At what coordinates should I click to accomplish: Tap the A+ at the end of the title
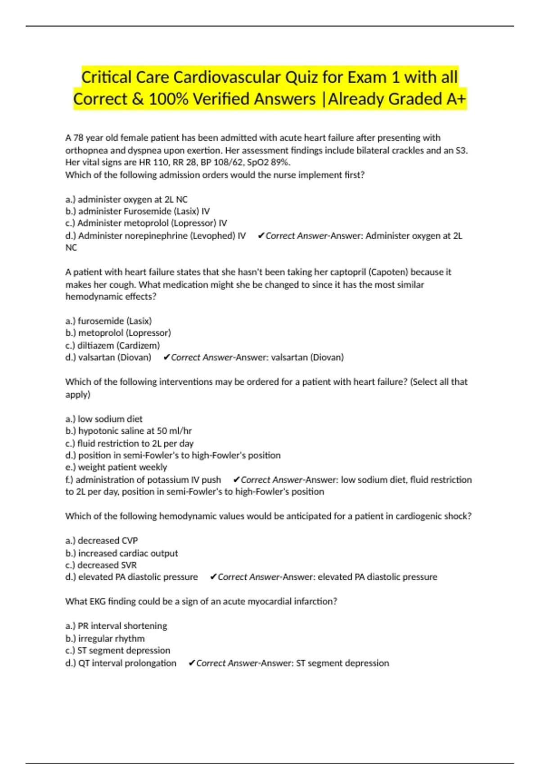tap(456, 99)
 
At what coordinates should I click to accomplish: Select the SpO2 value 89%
tap(280, 162)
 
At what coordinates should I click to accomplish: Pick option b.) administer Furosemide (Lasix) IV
tap(137, 211)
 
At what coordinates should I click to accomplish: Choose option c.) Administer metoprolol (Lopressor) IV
tap(146, 223)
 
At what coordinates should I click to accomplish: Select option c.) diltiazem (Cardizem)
tap(112, 345)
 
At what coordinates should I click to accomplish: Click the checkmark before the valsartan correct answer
tap(166, 357)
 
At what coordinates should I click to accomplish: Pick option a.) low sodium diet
tap(103, 419)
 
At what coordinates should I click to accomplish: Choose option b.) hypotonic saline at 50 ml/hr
tap(128, 431)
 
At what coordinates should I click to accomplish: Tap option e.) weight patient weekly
tap(116, 467)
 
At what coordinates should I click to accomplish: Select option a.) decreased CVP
tap(101, 541)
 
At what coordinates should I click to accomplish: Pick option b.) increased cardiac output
tap(121, 553)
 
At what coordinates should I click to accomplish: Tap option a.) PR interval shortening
tap(116, 626)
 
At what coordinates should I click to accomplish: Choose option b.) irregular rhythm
tap(105, 639)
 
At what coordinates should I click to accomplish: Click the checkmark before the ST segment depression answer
tap(192, 663)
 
